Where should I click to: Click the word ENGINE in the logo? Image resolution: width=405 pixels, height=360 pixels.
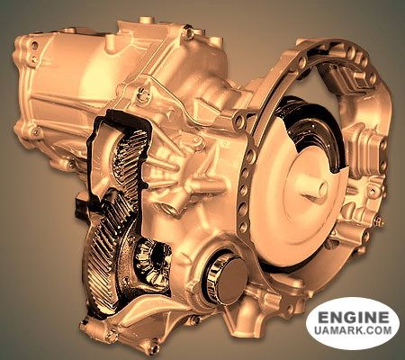pyautogui.click(x=353, y=318)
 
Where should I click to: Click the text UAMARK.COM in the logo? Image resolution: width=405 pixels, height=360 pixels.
pyautogui.click(x=353, y=330)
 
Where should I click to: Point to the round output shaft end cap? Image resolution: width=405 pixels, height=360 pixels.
pyautogui.click(x=231, y=277)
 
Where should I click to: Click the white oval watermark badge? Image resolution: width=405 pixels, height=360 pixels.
pyautogui.click(x=353, y=323)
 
